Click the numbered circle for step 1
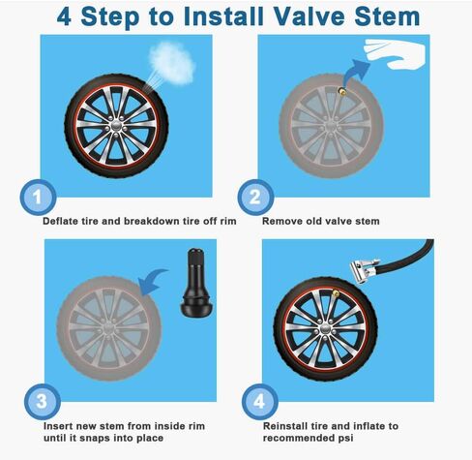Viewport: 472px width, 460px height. [x=37, y=197]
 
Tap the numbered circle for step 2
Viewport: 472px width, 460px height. [x=254, y=197]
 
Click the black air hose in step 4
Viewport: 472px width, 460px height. [x=426, y=262]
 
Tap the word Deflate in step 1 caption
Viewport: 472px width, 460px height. [x=63, y=221]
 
